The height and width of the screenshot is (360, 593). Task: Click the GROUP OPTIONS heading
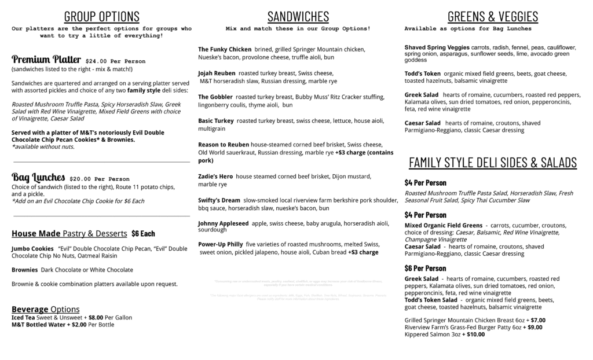(x=101, y=16)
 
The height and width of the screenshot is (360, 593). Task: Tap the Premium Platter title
(x=46, y=60)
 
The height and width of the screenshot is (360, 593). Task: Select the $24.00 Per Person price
(x=115, y=61)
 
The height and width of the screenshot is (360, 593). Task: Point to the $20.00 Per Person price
(x=100, y=179)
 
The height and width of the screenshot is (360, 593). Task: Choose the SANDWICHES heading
(x=298, y=16)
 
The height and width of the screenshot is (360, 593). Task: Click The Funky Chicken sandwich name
(x=225, y=50)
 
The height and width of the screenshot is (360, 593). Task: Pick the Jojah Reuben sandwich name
(x=217, y=74)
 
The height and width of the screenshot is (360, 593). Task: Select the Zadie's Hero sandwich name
(x=215, y=177)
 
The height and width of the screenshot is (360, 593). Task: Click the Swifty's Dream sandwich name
(x=219, y=200)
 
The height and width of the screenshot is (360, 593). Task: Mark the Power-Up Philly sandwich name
(x=220, y=244)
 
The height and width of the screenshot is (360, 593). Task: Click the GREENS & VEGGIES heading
(x=492, y=16)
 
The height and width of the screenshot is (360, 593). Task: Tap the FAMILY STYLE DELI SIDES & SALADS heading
(x=492, y=163)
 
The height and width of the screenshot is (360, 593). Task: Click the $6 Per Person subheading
(x=425, y=269)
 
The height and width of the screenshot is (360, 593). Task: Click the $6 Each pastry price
(x=143, y=234)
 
